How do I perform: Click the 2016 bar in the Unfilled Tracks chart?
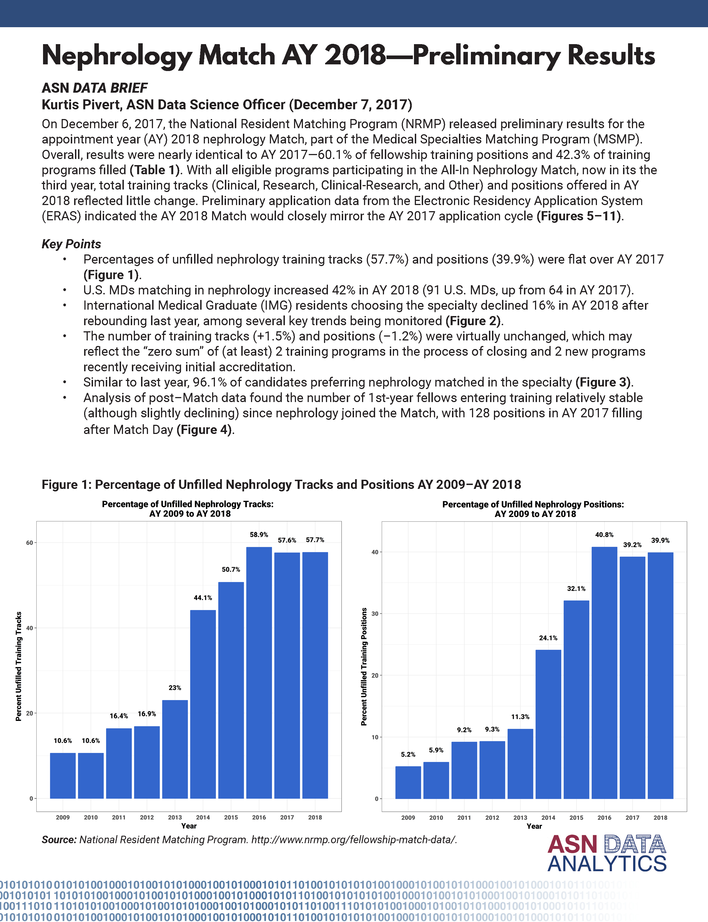pos(259,672)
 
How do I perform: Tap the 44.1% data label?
pos(203,598)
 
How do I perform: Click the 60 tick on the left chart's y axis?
pos(29,543)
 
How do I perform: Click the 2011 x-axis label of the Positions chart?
pos(464,818)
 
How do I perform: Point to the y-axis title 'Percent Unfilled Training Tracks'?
pos(19,666)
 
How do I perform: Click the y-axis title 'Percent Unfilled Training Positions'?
pos(364,666)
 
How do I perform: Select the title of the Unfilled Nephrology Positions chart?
pos(533,509)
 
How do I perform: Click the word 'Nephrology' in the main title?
pos(117,55)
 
